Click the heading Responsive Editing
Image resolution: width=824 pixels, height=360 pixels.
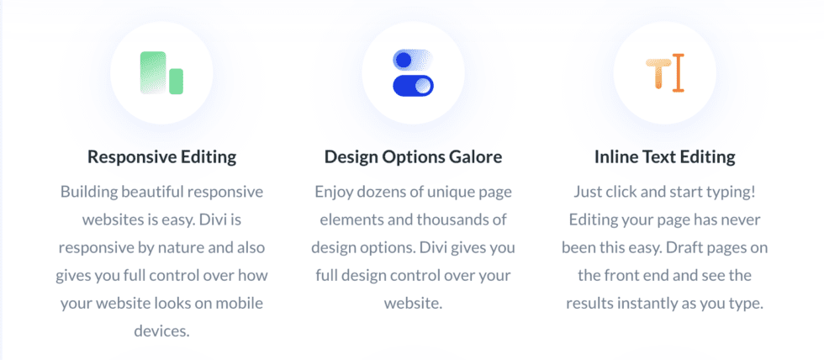(x=161, y=157)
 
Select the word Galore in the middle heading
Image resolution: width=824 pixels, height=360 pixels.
(x=476, y=156)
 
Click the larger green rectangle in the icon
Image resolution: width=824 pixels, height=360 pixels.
(x=153, y=73)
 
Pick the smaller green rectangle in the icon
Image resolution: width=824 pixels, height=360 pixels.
(x=176, y=82)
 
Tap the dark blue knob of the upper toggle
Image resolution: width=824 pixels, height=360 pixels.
(x=403, y=60)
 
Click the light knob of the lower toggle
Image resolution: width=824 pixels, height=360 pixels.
(x=423, y=86)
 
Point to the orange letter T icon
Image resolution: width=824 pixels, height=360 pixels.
(x=658, y=73)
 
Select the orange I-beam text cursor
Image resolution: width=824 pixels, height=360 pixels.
(x=679, y=73)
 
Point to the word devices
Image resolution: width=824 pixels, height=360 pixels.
(x=161, y=331)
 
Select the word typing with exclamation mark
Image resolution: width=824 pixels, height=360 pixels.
(x=732, y=193)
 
